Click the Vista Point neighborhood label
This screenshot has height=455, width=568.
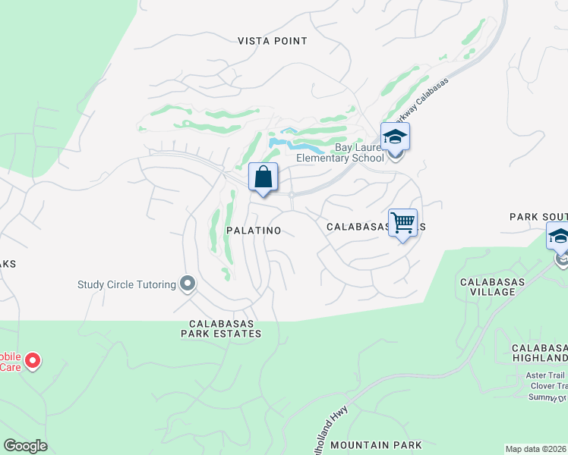(273, 41)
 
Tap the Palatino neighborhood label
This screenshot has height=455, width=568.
(254, 230)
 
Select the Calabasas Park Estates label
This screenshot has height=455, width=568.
(221, 328)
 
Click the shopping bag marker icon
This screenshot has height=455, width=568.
(263, 178)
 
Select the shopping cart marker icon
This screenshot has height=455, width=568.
(402, 223)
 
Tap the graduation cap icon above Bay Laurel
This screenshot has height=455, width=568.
(395, 137)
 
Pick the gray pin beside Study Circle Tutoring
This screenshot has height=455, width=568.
(188, 284)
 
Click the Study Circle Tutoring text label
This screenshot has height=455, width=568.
(126, 285)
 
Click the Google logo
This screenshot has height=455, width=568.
(25, 446)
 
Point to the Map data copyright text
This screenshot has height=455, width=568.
(536, 449)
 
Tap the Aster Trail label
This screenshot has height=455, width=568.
(546, 375)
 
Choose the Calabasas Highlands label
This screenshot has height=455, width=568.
(540, 353)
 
